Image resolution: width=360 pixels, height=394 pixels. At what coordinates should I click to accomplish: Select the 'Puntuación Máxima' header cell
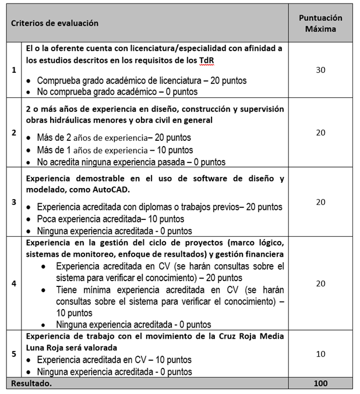pos(320,23)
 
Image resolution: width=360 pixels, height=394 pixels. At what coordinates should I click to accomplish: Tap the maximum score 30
pos(320,70)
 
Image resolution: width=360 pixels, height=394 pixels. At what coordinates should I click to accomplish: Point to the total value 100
pos(320,383)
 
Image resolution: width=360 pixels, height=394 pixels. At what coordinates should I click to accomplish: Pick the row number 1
pos(14,70)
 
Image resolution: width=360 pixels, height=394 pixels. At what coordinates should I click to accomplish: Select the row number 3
pos(14,202)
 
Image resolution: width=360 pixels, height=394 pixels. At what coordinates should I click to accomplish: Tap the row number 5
pos(14,354)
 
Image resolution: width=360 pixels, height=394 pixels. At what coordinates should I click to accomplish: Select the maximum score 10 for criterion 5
pos(320,354)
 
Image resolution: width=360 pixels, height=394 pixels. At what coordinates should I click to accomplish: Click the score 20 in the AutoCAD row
pos(320,202)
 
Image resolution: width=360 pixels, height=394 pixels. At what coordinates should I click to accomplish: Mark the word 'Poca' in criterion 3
pos(47,219)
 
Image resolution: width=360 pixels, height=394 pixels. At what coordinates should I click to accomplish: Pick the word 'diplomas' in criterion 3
pos(157,207)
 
